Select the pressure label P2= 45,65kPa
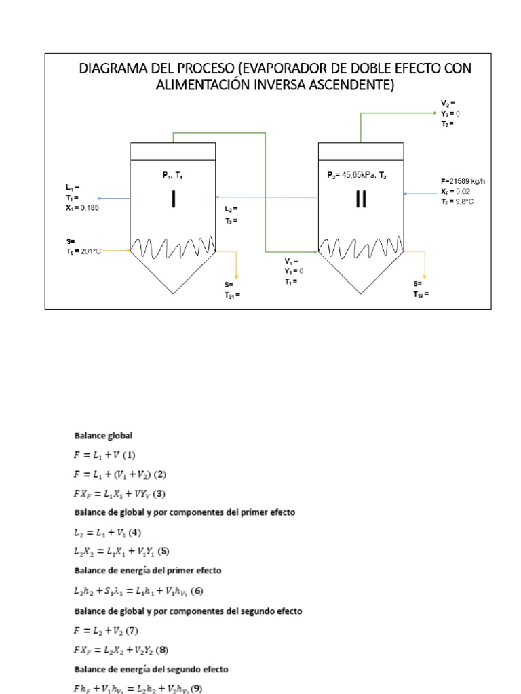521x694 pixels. point(354,174)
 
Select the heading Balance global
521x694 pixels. point(98,436)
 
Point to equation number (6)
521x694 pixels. point(197,591)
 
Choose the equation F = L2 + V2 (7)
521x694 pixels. point(106,631)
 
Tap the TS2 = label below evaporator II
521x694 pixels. point(421,295)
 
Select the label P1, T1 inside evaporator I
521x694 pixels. point(172,174)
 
